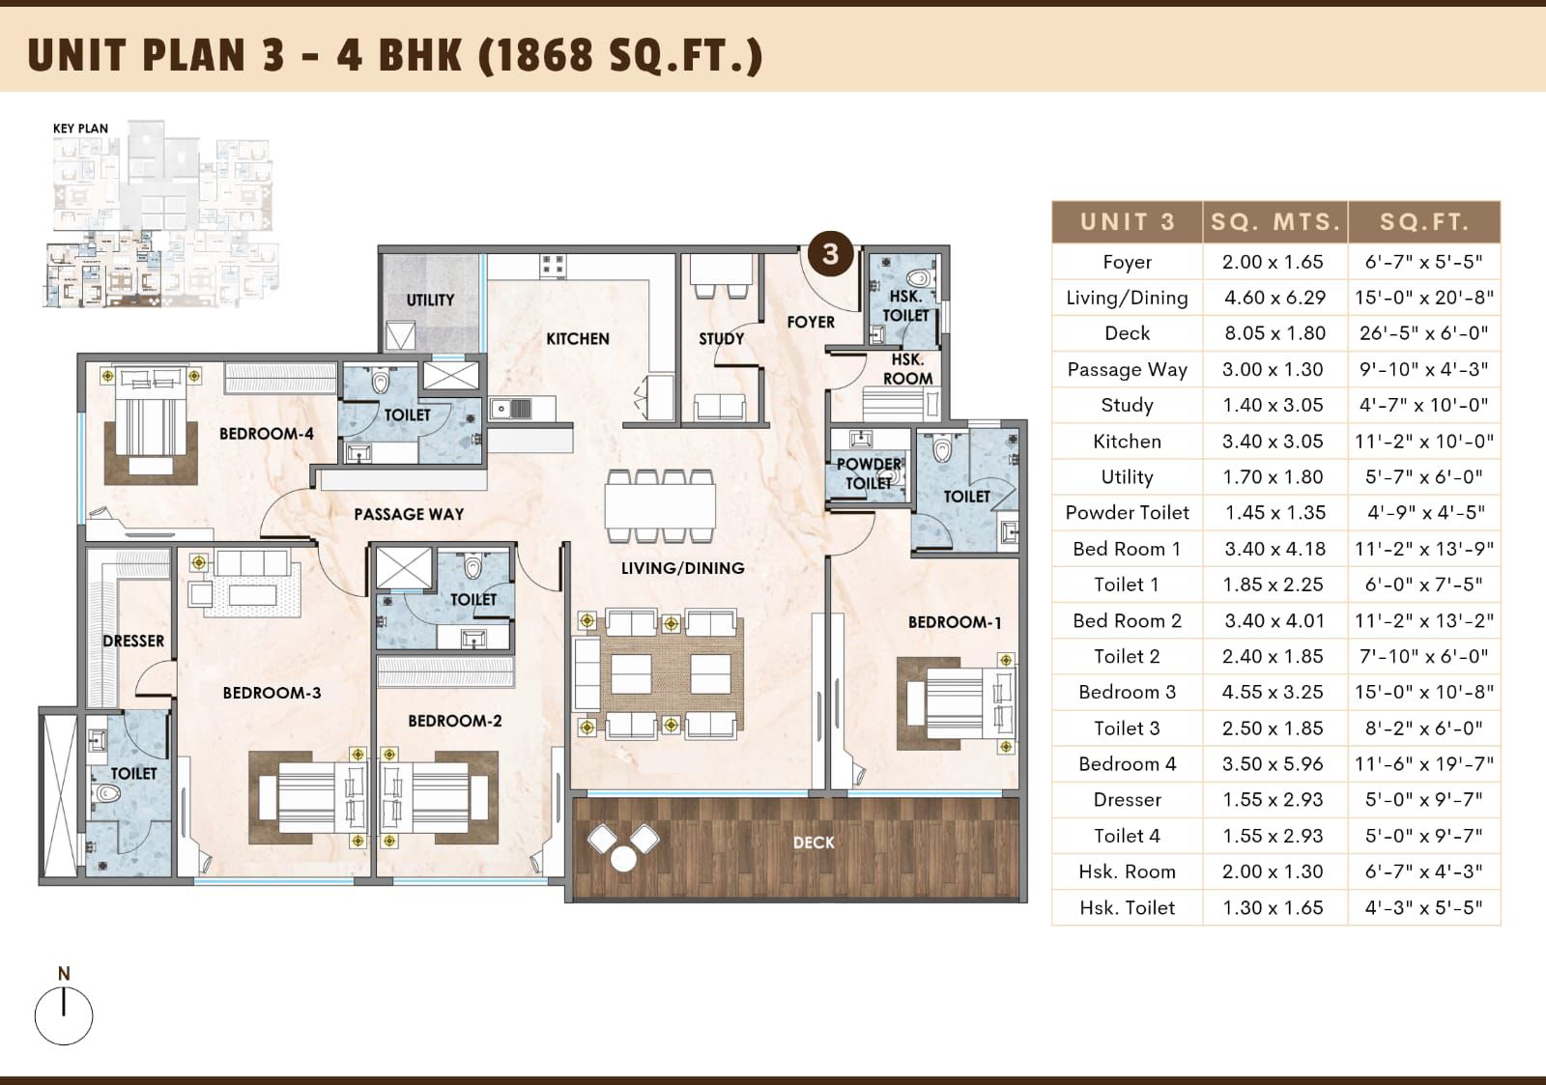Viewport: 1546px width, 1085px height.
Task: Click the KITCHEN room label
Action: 578,339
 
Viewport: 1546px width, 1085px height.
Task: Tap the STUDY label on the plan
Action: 721,339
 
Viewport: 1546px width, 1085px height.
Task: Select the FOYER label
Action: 811,322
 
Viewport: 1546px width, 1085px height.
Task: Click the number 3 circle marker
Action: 830,254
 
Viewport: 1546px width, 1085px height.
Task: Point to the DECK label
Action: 814,842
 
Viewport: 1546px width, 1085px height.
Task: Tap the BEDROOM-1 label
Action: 955,622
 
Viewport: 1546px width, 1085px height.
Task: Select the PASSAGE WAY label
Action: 409,514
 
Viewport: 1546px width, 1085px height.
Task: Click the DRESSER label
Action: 133,642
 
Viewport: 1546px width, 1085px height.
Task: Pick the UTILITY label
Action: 430,300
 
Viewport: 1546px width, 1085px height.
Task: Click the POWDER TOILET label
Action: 869,473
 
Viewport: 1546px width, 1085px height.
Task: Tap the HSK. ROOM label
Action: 907,369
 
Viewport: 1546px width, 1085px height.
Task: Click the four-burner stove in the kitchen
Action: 553,266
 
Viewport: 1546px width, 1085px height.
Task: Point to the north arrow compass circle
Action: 64,1016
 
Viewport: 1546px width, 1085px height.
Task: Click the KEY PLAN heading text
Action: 81,128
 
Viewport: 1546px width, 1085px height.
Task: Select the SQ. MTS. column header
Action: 1275,222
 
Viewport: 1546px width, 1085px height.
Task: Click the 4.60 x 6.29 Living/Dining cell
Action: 1275,298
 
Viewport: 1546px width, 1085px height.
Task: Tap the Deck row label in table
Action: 1127,333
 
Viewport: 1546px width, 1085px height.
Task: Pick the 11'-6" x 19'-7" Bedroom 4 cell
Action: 1424,764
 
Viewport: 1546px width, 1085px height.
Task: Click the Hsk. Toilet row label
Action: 1127,907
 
